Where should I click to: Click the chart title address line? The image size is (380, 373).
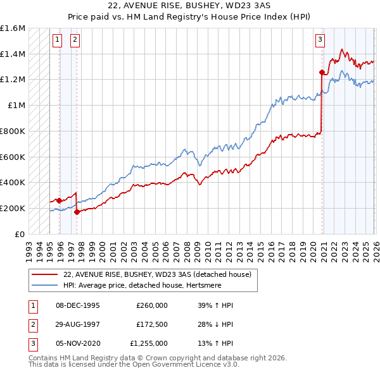190,5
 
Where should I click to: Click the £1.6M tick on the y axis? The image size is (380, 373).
13,28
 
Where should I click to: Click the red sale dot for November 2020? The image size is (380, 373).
322,72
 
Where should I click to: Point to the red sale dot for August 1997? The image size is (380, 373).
77,212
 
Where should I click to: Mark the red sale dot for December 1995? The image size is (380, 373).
59,200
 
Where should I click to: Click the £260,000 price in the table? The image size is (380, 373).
151,305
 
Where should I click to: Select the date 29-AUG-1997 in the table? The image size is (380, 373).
77,324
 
